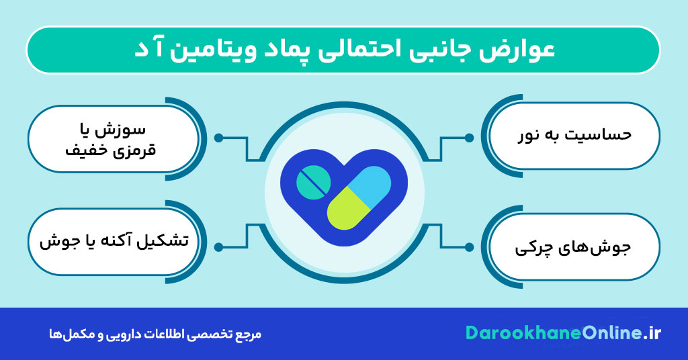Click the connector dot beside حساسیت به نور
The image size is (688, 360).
click(469, 138)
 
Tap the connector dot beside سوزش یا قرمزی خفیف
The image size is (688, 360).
click(218, 138)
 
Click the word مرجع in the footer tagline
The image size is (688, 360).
click(251, 334)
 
